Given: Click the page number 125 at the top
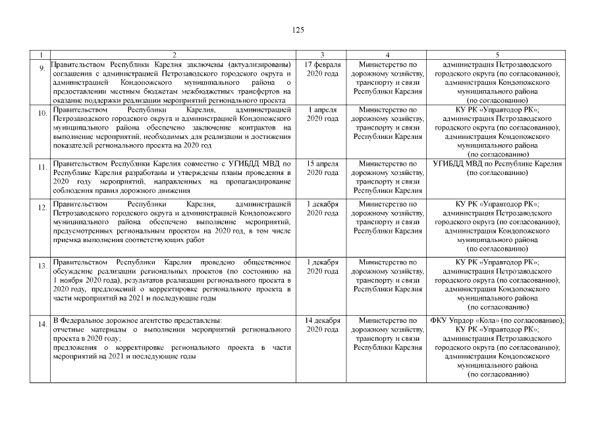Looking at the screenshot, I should click(297, 30).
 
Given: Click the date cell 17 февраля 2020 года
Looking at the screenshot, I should click(322, 69).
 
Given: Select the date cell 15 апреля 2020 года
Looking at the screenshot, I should click(322, 168).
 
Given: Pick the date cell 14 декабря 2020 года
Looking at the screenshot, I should click(322, 325).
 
